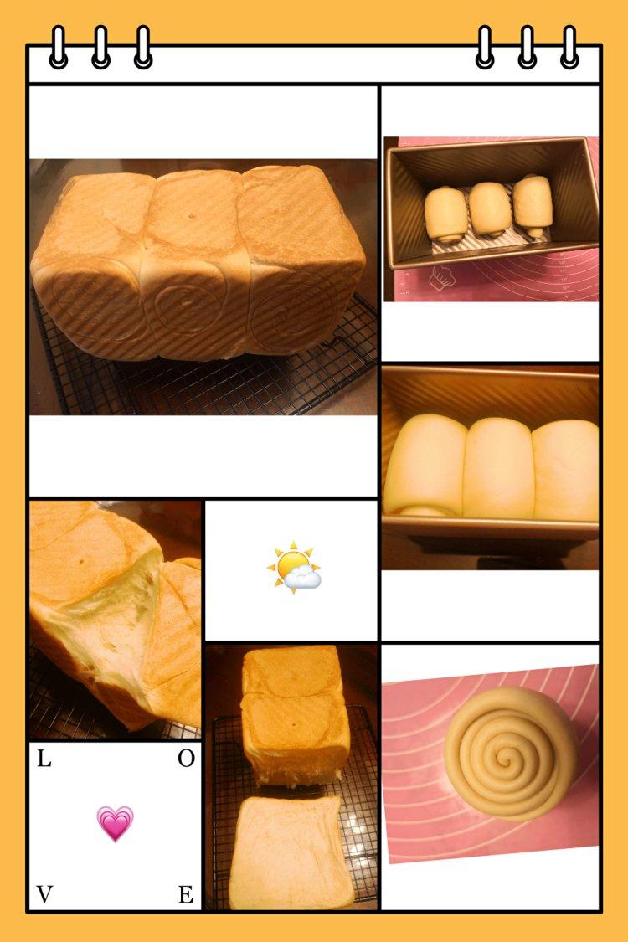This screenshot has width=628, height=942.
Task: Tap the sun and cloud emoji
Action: tap(294, 567)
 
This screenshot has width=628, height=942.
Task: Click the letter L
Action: tap(44, 759)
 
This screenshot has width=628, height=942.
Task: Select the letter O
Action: tap(186, 759)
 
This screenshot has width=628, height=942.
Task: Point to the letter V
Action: tap(44, 894)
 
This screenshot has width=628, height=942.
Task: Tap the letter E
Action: tap(186, 894)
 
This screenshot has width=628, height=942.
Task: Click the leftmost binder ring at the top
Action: tap(59, 47)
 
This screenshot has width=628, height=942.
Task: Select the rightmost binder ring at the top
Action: tap(569, 47)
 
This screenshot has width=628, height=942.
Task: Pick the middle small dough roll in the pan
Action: tap(489, 209)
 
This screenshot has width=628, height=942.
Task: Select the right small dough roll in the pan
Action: tap(533, 205)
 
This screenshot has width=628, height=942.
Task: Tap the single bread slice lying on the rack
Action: tap(291, 852)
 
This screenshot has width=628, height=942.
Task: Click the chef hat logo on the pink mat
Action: tap(442, 277)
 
